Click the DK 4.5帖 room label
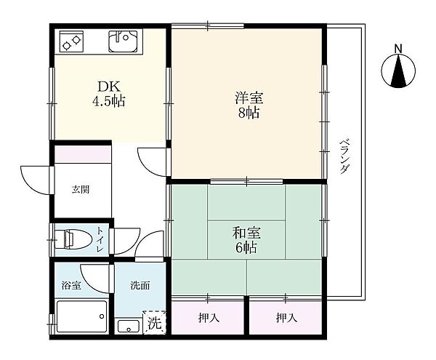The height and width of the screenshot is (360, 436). (x=108, y=94)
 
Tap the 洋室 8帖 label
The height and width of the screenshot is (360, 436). (x=249, y=105)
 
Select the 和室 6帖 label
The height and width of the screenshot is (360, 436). (x=246, y=240)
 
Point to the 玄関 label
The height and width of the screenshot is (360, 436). (x=81, y=190)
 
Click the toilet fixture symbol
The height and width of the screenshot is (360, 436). (x=73, y=239)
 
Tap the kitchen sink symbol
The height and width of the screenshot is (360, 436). (x=123, y=41)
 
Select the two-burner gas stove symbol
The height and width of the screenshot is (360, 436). (x=71, y=41)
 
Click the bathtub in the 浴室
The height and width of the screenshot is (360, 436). (x=81, y=316)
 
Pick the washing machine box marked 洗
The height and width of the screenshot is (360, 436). (x=155, y=322)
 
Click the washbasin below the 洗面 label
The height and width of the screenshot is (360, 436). (x=128, y=327)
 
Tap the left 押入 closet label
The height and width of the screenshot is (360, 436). (x=209, y=317)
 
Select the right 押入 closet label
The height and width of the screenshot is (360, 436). (x=287, y=317)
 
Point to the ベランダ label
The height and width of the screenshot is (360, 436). (x=344, y=156)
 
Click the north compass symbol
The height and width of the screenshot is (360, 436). (x=398, y=71)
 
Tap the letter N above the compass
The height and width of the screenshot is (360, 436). (x=398, y=49)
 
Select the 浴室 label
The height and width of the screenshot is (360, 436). (x=71, y=285)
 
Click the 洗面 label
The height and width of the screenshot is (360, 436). (x=140, y=285)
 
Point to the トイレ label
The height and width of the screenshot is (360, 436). (x=100, y=239)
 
